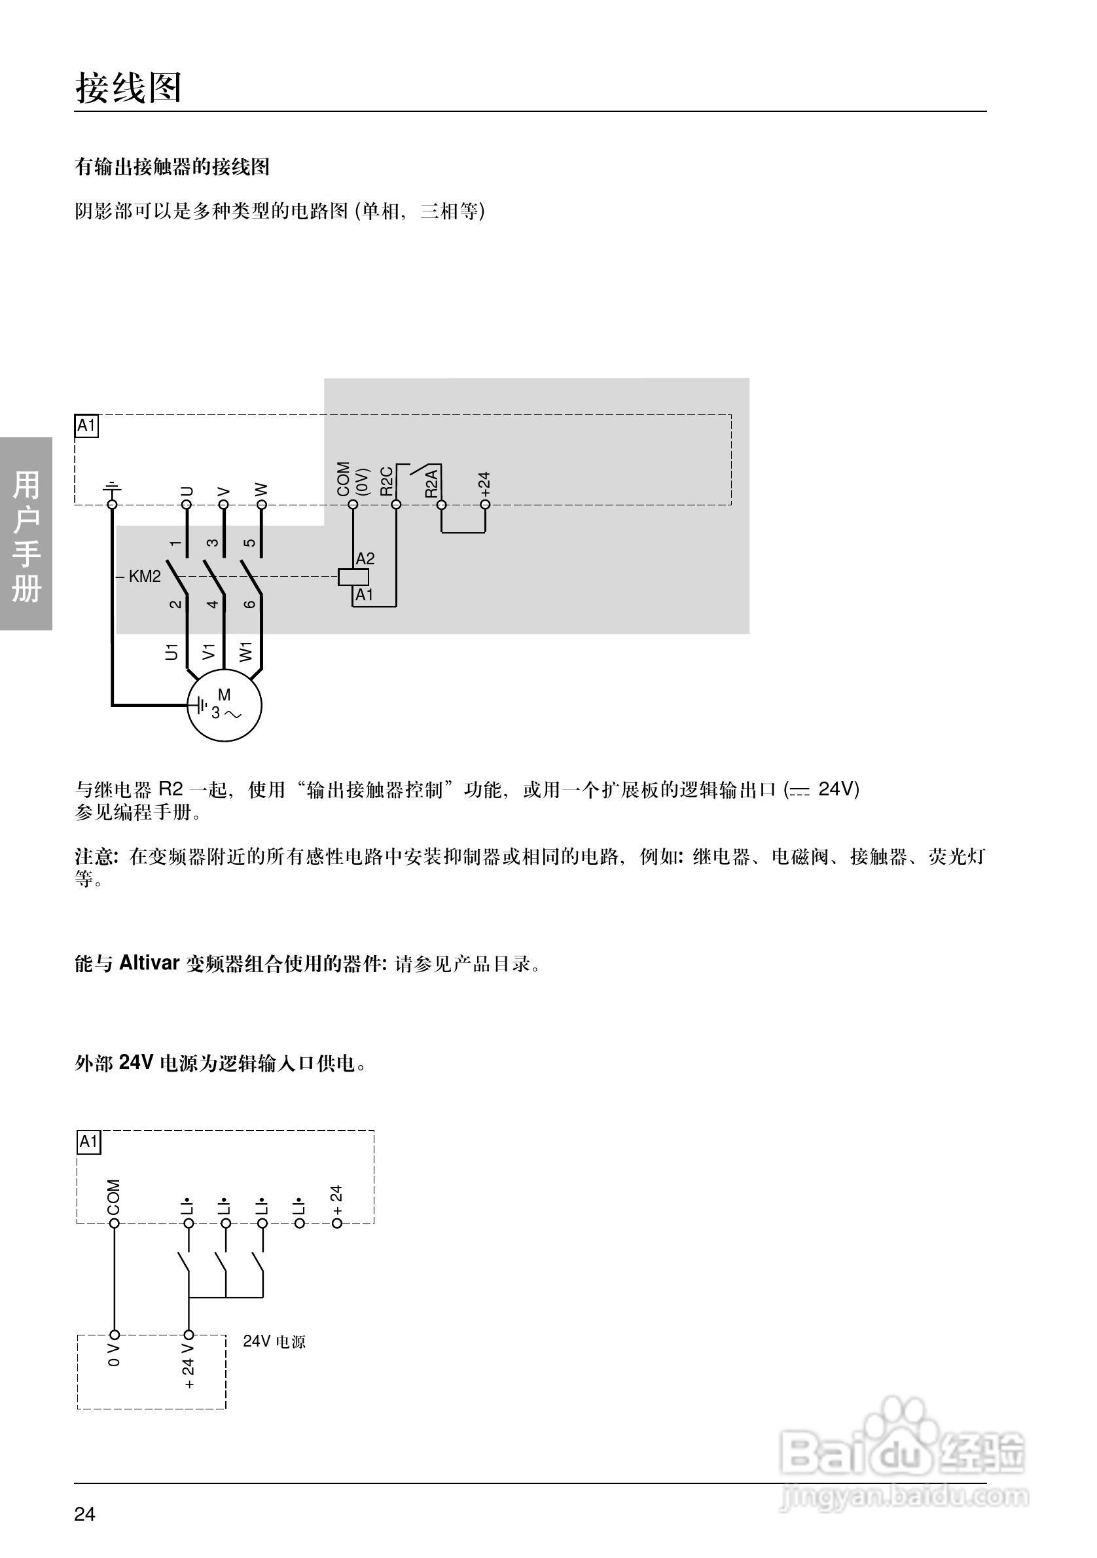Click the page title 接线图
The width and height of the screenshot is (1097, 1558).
click(128, 88)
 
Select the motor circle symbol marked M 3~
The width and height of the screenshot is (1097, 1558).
click(225, 705)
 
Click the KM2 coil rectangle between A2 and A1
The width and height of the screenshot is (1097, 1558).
click(353, 577)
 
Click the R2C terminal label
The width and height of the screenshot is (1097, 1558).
click(387, 481)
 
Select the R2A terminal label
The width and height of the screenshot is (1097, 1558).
click(431, 483)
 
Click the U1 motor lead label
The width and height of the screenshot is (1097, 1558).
click(171, 651)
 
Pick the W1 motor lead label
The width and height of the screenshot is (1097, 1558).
click(246, 651)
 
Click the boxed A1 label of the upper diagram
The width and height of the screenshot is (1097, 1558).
click(86, 426)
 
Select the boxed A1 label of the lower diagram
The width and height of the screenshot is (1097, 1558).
click(89, 1142)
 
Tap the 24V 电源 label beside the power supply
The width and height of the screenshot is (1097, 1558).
click(274, 1341)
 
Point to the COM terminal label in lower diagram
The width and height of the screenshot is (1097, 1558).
click(114, 1198)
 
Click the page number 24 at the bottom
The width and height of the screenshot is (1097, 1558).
click(85, 1514)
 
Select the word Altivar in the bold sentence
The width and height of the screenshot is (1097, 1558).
click(149, 963)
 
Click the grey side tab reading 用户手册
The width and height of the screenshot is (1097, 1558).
click(26, 535)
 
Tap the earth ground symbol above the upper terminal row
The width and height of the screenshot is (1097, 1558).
click(112, 487)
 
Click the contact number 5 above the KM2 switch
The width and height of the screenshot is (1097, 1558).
click(249, 543)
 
